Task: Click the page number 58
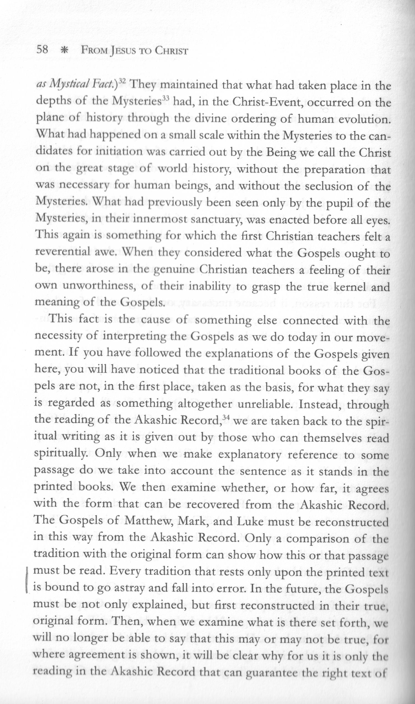[x=43, y=50]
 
